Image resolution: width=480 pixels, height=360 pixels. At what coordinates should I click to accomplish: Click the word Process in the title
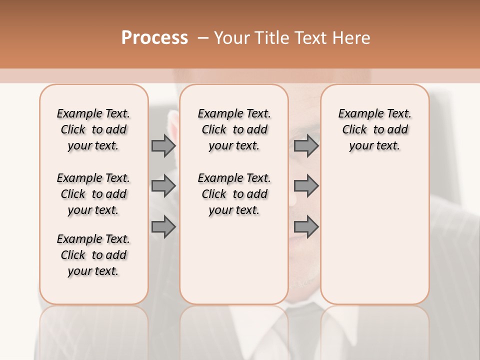[154, 37]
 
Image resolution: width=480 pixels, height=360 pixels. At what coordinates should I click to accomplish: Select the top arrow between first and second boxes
[163, 145]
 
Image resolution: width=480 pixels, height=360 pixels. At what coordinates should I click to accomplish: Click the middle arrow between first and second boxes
[163, 186]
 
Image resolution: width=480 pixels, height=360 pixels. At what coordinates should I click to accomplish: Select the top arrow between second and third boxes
[306, 145]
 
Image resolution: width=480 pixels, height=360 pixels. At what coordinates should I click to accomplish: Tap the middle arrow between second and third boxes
[306, 186]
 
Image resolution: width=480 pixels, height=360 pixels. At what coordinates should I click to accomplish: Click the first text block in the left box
[93, 129]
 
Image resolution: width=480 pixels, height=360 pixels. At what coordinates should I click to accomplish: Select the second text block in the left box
[93, 194]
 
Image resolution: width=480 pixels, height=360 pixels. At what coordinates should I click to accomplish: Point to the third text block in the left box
[93, 255]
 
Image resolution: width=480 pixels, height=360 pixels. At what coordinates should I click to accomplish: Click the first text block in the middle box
[234, 129]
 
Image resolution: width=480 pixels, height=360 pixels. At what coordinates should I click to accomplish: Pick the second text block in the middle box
[234, 194]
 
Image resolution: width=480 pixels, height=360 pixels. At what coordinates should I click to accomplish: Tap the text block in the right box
[374, 129]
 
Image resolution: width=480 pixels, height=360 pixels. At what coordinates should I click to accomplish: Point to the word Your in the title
[232, 38]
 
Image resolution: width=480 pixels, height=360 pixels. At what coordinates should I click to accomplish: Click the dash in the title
[203, 38]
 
